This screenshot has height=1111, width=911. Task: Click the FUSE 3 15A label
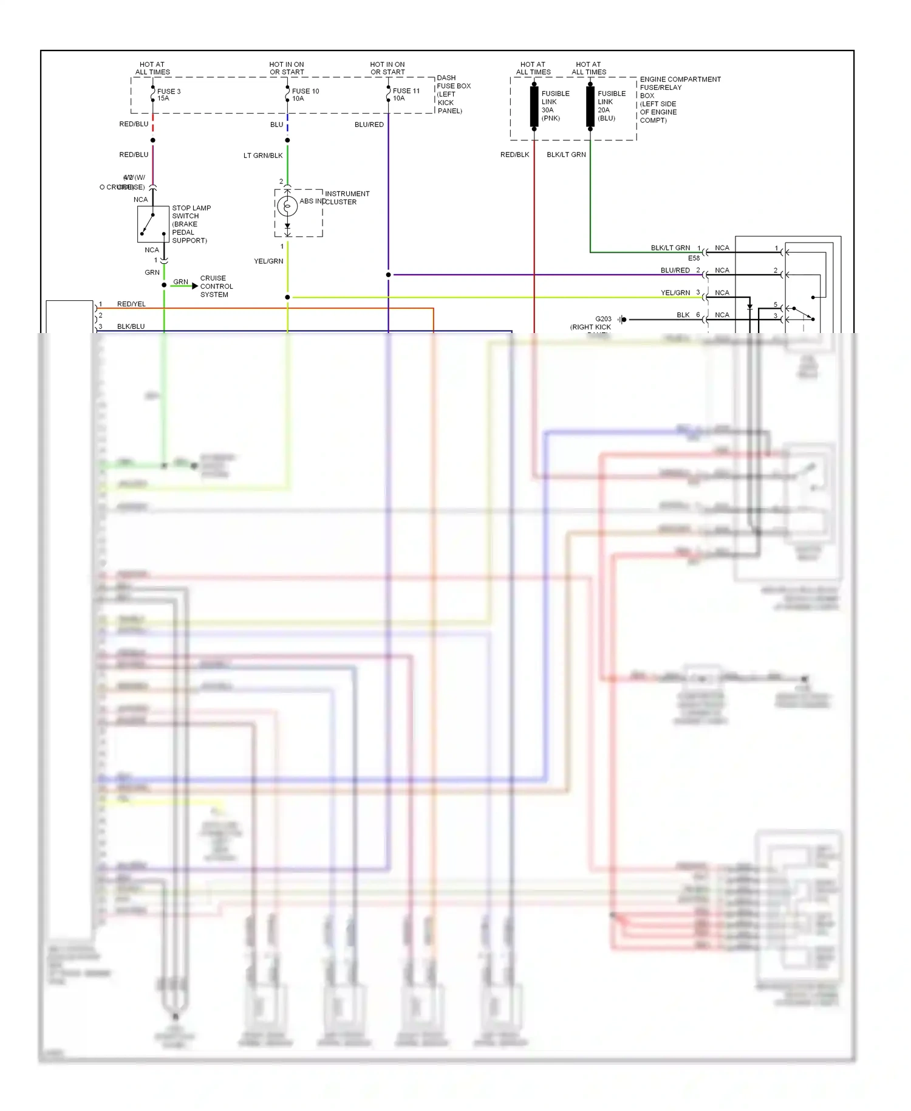pos(168,95)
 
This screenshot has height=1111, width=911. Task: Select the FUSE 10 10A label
pos(305,95)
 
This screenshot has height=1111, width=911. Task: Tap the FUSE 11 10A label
pos(406,95)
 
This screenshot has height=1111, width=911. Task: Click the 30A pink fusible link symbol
pos(534,106)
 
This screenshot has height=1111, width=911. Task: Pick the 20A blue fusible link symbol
pos(590,106)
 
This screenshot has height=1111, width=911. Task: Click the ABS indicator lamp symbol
pos(287,207)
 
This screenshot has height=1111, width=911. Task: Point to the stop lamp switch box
pos(153,224)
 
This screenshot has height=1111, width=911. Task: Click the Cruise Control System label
pos(216,286)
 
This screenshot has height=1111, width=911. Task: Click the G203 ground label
pos(603,319)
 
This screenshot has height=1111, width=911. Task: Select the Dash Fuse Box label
pos(453,94)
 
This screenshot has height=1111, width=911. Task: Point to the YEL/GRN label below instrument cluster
pos(268,261)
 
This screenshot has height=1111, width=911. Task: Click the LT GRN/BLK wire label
pos(263,156)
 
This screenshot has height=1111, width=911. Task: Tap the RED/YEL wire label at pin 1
pos(131,304)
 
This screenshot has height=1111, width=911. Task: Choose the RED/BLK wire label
pos(514,155)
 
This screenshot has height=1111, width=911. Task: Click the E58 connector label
pos(694,258)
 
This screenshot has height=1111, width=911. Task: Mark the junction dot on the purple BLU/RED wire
pos(389,275)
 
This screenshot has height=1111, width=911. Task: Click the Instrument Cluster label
pos(347,198)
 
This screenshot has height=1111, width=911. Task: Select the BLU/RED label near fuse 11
pos(369,125)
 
